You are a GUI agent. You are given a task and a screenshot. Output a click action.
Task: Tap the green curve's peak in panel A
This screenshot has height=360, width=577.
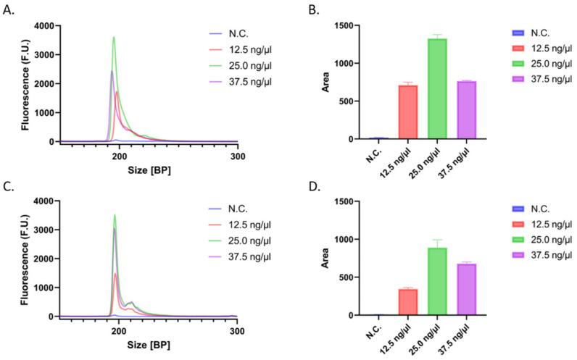pyautogui.click(x=114, y=38)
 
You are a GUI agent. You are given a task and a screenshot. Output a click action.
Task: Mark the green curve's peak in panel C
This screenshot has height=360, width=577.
pyautogui.click(x=114, y=214)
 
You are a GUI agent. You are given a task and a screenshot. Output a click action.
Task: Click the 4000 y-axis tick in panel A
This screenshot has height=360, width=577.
pyautogui.click(x=44, y=26)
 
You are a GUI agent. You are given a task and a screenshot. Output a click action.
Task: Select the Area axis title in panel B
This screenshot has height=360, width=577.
pyautogui.click(x=333, y=82)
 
